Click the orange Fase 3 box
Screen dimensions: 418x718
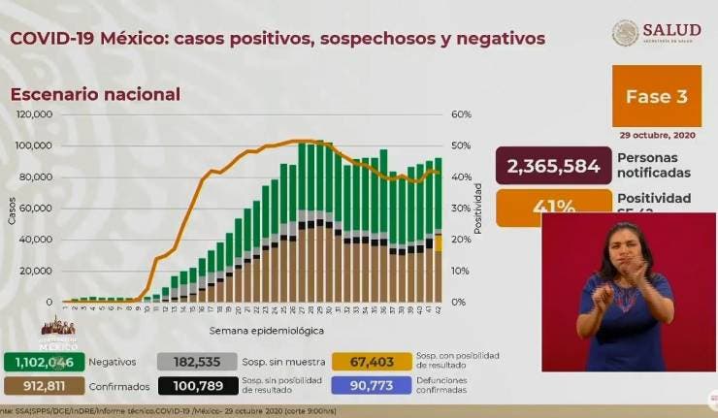pos(655,95)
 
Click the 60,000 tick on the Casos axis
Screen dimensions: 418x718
pos(37,208)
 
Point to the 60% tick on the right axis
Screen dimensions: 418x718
pos(461,114)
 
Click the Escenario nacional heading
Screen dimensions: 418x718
pos(95,94)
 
